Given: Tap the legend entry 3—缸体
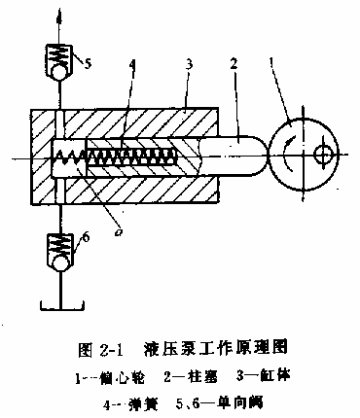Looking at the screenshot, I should click(270, 373).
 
